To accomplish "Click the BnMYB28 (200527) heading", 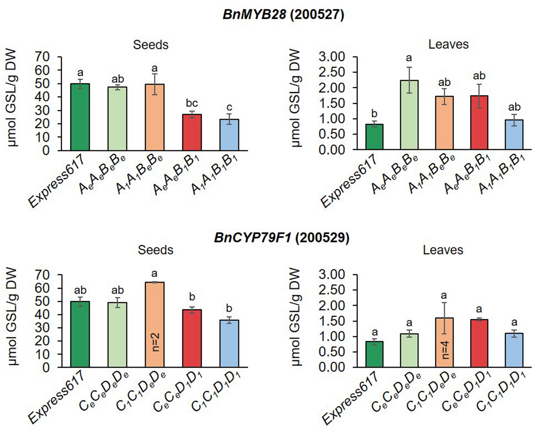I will coord(283,14).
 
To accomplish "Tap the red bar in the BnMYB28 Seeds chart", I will coord(192,132).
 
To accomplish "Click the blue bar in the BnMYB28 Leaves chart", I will coord(514,135).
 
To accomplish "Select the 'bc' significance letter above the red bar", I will coord(192,103).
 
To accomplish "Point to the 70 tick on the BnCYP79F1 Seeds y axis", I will coord(42,275).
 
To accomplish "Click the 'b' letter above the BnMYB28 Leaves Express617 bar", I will coord(374,114).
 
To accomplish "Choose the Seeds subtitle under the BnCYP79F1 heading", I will coord(155,250).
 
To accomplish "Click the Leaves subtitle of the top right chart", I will coord(448,44).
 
